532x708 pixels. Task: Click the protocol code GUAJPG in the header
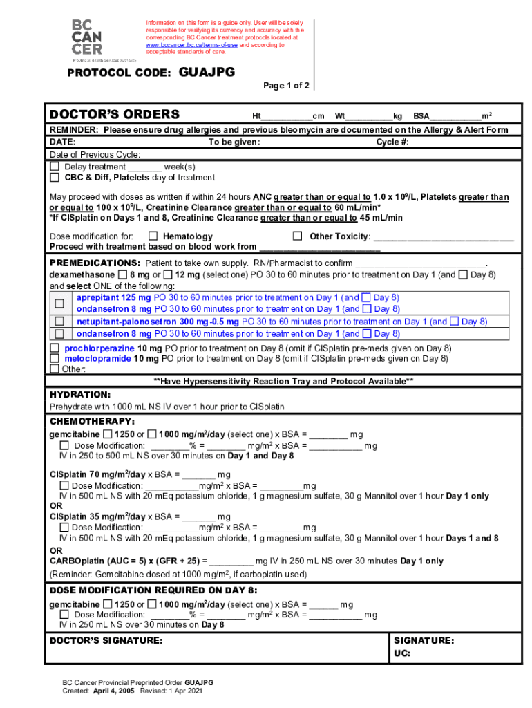207,73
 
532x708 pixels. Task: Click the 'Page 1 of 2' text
286,86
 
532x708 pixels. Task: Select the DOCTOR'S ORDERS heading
115,115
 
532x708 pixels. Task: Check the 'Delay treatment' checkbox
55,167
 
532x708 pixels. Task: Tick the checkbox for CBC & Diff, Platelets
55,178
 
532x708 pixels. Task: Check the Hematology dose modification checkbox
153,236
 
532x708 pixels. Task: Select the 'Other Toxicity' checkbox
297,236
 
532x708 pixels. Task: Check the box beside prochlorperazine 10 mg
55,348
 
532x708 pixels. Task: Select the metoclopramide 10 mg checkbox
55,359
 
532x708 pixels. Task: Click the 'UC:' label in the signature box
402,653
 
